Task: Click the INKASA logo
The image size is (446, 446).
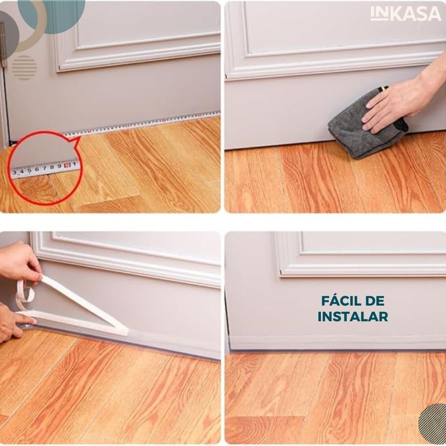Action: (406, 14)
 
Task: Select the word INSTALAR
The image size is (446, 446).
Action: (353, 317)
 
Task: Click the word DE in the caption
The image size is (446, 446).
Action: (377, 301)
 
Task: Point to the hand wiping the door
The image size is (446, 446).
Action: (404, 97)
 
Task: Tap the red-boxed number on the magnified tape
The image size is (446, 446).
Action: (67, 165)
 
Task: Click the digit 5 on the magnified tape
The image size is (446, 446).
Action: (29, 170)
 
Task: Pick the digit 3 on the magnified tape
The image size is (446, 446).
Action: (14, 172)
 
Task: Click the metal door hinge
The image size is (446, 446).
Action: (2, 45)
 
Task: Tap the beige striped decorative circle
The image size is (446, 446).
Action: (24, 68)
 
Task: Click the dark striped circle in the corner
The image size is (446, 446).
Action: (432, 424)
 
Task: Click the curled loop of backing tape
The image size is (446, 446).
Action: (25, 294)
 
